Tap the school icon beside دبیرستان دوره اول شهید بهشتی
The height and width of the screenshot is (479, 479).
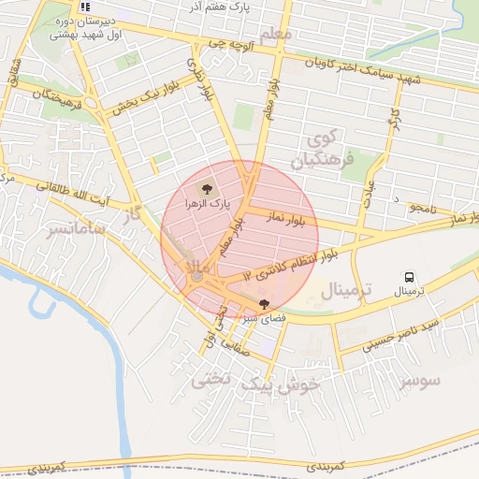85,7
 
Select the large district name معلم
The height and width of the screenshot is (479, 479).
279,35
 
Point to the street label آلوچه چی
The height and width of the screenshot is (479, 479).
230,43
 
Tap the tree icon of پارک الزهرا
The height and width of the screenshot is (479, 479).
207,188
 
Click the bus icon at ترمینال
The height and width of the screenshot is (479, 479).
409,276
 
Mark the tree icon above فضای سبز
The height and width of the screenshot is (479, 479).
264,303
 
